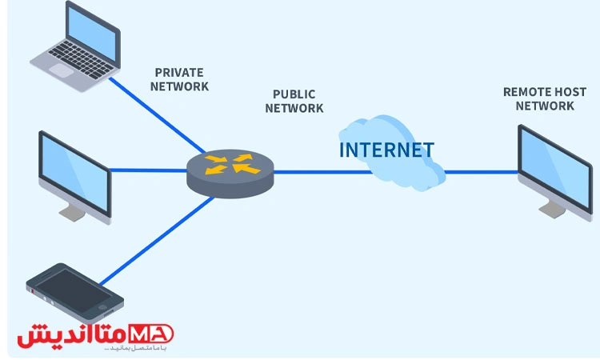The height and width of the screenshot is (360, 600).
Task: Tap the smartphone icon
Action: pyautogui.click(x=74, y=292)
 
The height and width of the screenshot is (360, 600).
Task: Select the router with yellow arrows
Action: pyautogui.click(x=230, y=170)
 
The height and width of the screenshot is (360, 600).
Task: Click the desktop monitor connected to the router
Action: pyautogui.click(x=74, y=176)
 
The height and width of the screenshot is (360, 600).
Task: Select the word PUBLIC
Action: pyautogui.click(x=294, y=94)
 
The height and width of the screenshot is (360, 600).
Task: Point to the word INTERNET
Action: pyautogui.click(x=386, y=150)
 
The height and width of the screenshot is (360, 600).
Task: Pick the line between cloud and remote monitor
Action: pyautogui.click(x=480, y=170)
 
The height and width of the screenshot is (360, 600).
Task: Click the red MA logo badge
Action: pyautogui.click(x=158, y=334)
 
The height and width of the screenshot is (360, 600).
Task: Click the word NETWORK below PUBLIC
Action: pyautogui.click(x=294, y=108)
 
